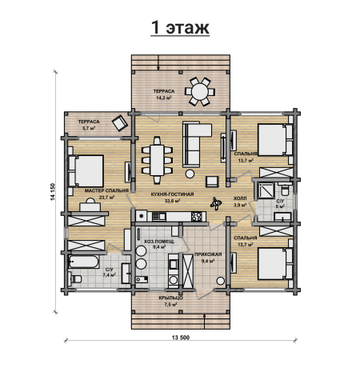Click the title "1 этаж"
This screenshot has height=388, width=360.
coord(180,28)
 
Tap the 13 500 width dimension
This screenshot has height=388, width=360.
coord(181,338)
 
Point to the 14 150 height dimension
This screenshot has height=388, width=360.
coord(53,192)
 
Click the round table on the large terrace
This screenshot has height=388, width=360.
coord(200,92)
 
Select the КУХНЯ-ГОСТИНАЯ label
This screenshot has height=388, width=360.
coord(172,194)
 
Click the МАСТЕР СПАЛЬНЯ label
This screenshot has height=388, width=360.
coord(106,191)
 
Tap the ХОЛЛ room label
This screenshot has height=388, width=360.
coord(240,198)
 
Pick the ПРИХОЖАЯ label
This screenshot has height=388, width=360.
coord(208,254)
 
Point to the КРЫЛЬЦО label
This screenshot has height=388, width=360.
coord(171,298)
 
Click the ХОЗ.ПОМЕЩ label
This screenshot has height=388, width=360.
coord(159,242)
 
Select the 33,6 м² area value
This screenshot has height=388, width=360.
coord(172,201)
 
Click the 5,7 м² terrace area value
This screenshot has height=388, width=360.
coord(89,128)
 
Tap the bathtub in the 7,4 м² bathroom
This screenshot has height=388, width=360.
coord(83,262)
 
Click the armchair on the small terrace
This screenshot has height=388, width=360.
coord(120,122)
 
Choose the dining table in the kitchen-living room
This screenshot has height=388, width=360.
coord(157,160)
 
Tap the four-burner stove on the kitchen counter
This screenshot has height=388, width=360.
coord(197,217)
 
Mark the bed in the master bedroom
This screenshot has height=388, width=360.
coord(86,171)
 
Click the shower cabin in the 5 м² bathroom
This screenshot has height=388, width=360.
coord(266,190)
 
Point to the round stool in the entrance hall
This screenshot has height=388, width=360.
coord(220,281)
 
